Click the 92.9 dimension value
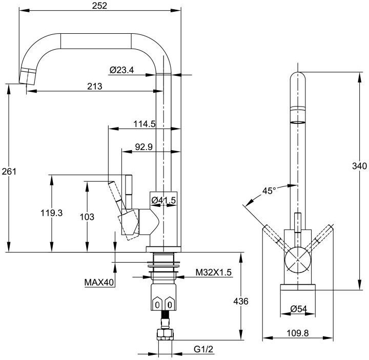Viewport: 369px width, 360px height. (x=144, y=147)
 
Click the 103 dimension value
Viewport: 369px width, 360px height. (x=87, y=217)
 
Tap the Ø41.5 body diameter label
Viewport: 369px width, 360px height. (x=163, y=201)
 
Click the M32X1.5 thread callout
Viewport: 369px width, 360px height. (x=214, y=273)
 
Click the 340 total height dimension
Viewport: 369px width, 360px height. (x=359, y=165)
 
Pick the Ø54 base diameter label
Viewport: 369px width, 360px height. (x=298, y=309)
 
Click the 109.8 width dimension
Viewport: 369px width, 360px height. (x=298, y=333)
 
